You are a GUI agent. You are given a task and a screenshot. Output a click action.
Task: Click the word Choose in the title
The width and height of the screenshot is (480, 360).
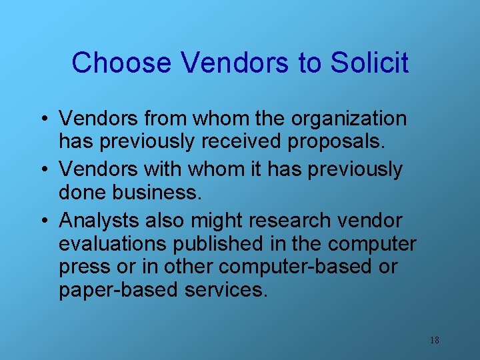(121, 63)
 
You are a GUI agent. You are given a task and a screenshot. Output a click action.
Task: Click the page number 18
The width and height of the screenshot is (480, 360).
(434, 340)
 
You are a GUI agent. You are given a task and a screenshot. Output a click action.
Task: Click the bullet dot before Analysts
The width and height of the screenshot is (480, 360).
(42, 221)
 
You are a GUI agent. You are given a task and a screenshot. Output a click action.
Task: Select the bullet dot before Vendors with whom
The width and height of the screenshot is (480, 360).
(42, 170)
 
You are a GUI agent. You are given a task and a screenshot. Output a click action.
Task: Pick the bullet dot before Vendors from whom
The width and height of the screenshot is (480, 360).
(42, 119)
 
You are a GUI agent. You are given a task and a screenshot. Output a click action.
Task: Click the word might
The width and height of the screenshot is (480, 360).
(237, 221)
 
